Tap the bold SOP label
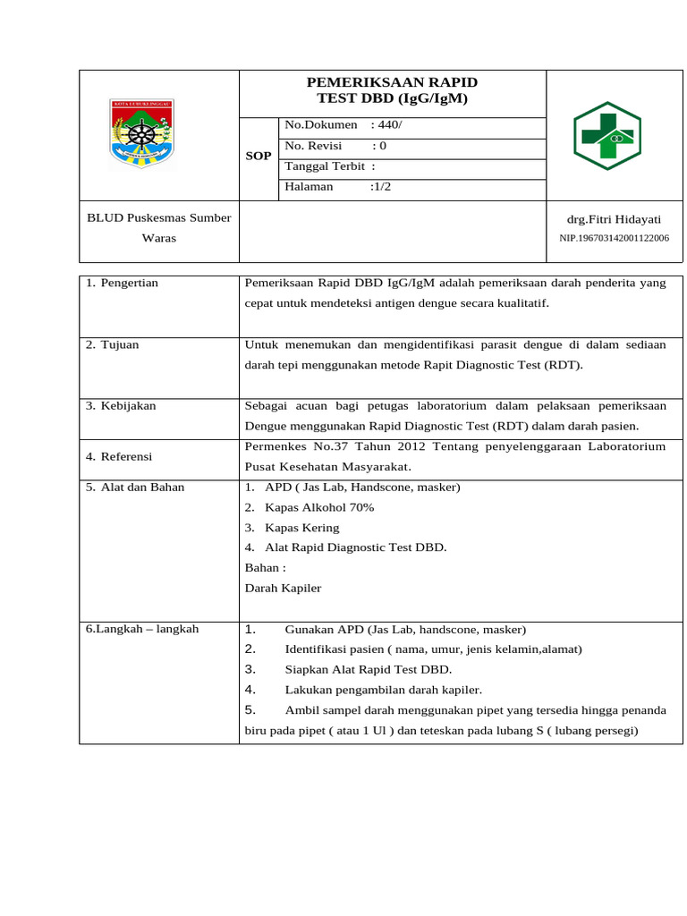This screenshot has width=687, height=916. pyautogui.click(x=259, y=156)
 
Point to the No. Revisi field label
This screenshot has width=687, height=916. pyautogui.click(x=314, y=145)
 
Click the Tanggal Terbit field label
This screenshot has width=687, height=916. pyautogui.click(x=325, y=165)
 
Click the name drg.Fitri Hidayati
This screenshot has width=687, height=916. pyautogui.click(x=613, y=218)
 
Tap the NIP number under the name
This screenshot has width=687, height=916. pyautogui.click(x=614, y=238)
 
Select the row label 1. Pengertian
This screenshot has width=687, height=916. pyautogui.click(x=122, y=283)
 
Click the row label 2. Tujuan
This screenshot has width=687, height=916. pyautogui.click(x=113, y=344)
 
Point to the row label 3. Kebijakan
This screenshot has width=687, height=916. pyautogui.click(x=121, y=405)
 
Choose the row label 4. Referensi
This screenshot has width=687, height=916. pyautogui.click(x=119, y=456)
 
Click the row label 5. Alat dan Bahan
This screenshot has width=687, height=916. pyautogui.click(x=135, y=487)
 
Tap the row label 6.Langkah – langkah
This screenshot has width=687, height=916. pyautogui.click(x=142, y=629)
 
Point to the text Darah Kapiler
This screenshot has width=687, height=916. pyautogui.click(x=283, y=588)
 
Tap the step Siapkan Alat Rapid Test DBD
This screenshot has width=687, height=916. pyautogui.click(x=369, y=669)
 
